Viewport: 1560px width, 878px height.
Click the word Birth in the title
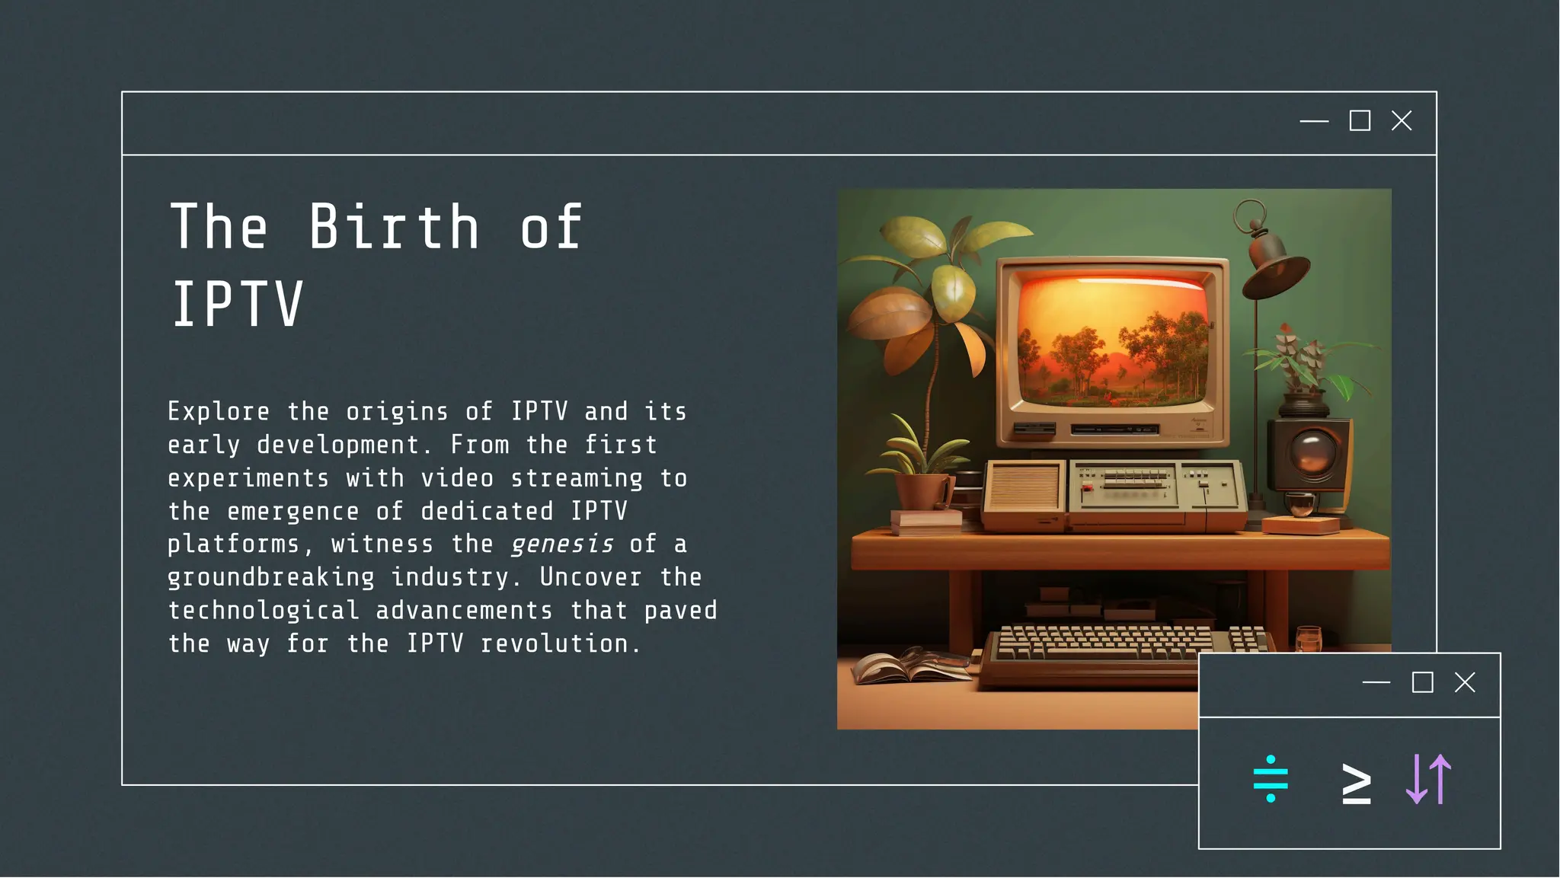pos(394,227)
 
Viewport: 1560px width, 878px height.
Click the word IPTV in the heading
pos(237,305)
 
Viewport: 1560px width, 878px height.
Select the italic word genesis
pos(562,544)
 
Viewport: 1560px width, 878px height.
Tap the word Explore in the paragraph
pos(219,412)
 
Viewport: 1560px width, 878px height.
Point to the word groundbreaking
pos(271,578)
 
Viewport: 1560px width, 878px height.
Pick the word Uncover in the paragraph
pos(590,577)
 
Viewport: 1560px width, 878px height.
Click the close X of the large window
pos(1402,121)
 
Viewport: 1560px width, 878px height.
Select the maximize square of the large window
pos(1360,121)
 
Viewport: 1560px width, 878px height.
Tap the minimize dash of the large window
pos(1314,121)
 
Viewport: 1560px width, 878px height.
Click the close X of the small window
pos(1465,682)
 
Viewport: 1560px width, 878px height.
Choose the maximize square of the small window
pos(1422,682)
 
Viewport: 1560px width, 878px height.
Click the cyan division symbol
pos(1271,779)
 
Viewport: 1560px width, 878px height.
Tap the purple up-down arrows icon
pos(1429,779)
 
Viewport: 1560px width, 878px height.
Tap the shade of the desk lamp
pos(1275,267)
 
